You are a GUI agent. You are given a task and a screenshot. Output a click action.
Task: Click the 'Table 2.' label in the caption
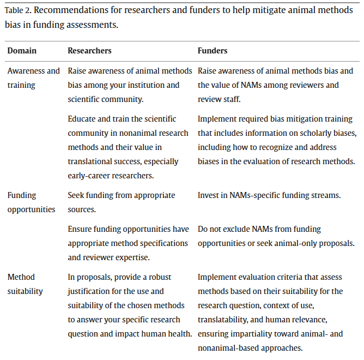[17, 10]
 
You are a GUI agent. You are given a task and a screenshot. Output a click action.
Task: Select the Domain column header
[22, 51]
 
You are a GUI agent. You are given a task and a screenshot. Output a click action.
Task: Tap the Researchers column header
[89, 51]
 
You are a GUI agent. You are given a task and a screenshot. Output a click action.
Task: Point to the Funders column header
[213, 51]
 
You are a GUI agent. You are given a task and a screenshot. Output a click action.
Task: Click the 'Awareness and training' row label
[33, 78]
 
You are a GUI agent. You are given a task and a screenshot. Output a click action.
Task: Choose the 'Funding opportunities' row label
[31, 202]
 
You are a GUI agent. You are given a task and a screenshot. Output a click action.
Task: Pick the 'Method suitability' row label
[25, 284]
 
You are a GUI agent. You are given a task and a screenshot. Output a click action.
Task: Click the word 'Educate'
[82, 119]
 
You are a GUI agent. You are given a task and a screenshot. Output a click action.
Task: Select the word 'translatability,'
[225, 320]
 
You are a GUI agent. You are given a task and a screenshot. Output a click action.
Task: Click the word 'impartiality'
[254, 334]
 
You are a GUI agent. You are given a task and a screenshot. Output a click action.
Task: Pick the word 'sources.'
[83, 209]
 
